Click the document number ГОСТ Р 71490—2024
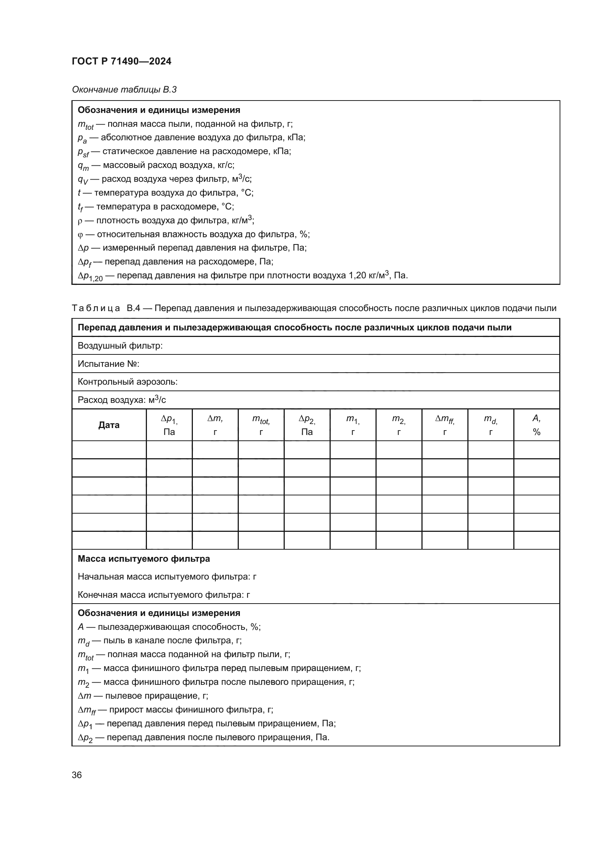[x=121, y=61]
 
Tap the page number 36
[x=77, y=775]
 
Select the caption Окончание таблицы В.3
[x=124, y=90]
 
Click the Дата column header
[x=109, y=425]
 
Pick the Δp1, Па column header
[x=169, y=425]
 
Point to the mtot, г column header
[x=261, y=425]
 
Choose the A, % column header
[x=536, y=425]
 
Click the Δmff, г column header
[x=444, y=425]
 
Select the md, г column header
[x=490, y=425]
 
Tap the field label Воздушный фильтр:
[x=120, y=346]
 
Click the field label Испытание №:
[x=108, y=364]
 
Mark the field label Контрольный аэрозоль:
[x=127, y=382]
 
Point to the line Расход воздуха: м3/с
[x=121, y=400]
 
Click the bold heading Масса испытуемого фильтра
[x=144, y=559]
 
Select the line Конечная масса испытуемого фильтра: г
[x=164, y=595]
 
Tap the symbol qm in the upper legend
[x=83, y=166]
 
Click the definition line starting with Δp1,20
[x=242, y=276]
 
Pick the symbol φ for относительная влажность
[x=80, y=235]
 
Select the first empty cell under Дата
[x=109, y=450]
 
